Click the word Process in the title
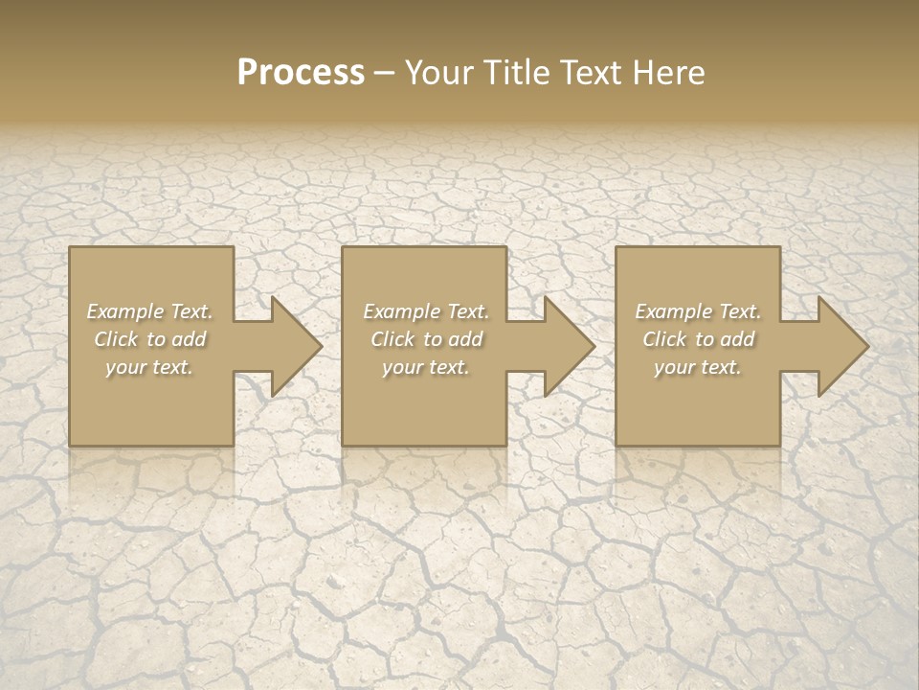coord(301,73)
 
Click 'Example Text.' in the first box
coord(149,311)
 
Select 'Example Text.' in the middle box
coord(425,311)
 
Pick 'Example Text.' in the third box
coord(698,311)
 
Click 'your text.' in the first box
coord(149,367)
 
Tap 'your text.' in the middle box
coord(425,367)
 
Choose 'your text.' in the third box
coord(698,367)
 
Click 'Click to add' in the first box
coord(149,339)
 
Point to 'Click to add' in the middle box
coord(425,339)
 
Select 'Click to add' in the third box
coord(698,339)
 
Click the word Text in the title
coord(590,73)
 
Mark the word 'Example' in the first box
coord(124,311)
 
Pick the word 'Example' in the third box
coord(673,311)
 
